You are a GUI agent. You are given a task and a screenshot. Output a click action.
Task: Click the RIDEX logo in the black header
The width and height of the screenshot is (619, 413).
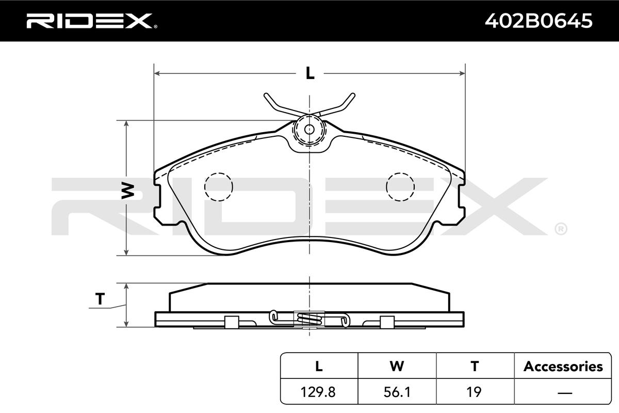[92, 21]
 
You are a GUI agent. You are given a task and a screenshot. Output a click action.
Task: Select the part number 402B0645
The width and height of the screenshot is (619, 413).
[539, 21]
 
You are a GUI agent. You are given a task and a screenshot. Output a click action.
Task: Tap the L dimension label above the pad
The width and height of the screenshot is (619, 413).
[310, 73]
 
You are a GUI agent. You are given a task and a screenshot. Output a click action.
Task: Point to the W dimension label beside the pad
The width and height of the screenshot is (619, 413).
[128, 191]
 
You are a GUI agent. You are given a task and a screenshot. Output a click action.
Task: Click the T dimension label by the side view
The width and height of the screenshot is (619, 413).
[100, 299]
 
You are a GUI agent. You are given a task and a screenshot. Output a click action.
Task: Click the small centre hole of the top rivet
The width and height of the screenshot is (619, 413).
[309, 129]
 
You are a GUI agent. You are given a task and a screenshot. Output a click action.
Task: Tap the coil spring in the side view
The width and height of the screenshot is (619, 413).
[309, 319]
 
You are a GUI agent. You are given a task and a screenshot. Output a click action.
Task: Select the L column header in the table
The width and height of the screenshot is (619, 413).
[319, 366]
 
